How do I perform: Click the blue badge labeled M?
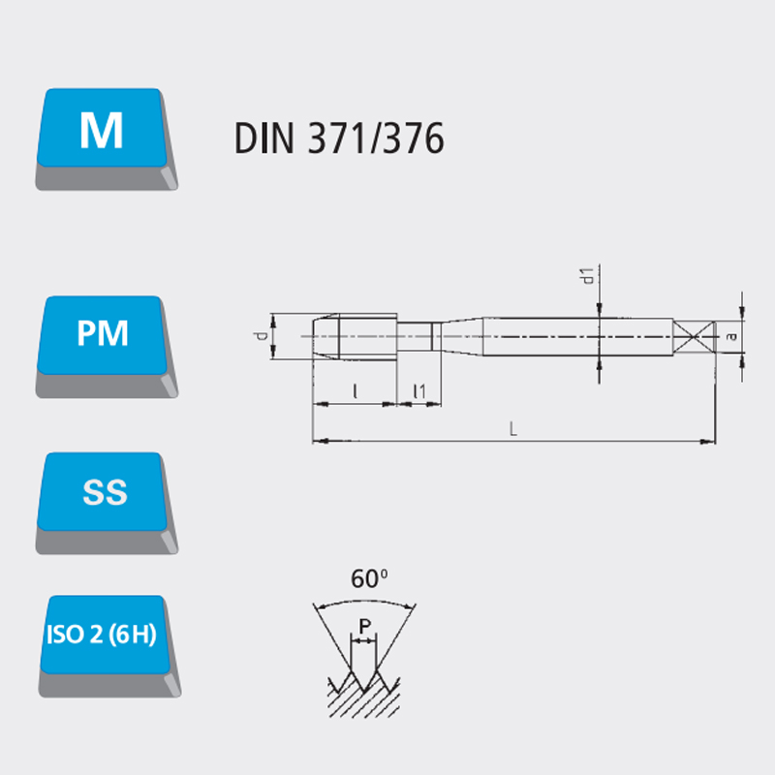(106, 139)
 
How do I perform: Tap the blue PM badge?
(106, 347)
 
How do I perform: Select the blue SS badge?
(106, 503)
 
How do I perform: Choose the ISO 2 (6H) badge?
(108, 646)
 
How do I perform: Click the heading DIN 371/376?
(339, 139)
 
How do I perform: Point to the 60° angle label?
(369, 578)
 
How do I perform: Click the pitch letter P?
(365, 626)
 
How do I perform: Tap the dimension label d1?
(587, 276)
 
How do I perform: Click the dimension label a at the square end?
(732, 336)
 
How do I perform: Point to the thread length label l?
(355, 391)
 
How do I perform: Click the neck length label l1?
(419, 391)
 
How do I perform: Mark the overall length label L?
(513, 428)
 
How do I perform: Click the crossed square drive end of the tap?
(694, 337)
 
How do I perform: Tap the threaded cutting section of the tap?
(355, 336)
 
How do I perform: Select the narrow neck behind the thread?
(419, 336)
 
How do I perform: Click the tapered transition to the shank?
(462, 336)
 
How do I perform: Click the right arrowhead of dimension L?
(709, 441)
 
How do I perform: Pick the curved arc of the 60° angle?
(364, 603)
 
